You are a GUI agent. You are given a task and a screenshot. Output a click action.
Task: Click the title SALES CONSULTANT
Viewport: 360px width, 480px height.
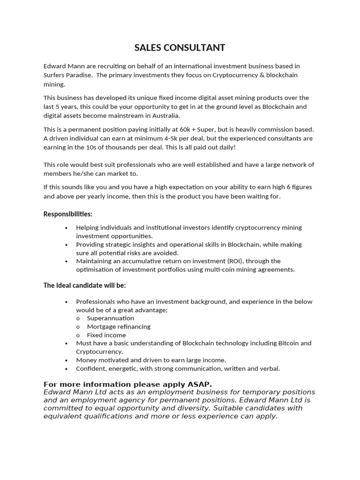click(x=180, y=47)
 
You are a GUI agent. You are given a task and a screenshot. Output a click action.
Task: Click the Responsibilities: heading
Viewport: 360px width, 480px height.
click(x=68, y=214)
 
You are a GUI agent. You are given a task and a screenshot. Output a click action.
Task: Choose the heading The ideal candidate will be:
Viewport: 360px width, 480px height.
click(x=84, y=285)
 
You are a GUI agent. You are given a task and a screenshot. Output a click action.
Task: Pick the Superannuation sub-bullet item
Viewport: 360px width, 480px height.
click(x=110, y=318)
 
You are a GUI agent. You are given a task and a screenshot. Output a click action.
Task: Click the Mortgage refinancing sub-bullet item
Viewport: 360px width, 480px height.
click(x=119, y=327)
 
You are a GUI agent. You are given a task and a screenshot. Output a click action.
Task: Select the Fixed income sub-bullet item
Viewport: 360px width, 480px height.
click(x=106, y=335)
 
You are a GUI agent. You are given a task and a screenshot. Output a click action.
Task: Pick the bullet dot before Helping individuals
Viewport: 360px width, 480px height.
click(x=66, y=228)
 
